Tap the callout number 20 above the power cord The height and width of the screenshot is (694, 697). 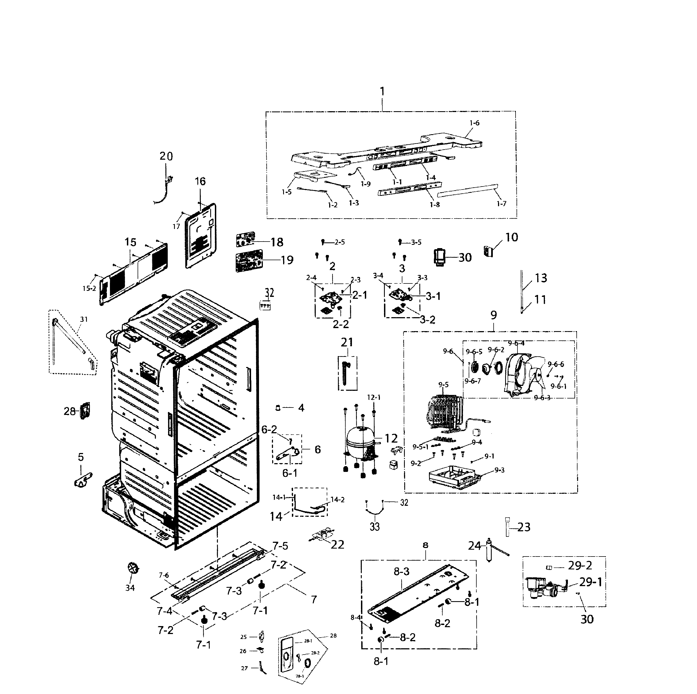tap(166, 156)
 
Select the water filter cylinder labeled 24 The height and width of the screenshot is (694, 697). tap(490, 549)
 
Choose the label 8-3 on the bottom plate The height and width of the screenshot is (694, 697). tap(401, 571)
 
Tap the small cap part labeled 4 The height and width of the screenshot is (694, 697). tap(278, 408)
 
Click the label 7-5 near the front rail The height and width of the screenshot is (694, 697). tap(280, 546)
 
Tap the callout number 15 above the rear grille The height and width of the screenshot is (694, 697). tap(130, 242)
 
